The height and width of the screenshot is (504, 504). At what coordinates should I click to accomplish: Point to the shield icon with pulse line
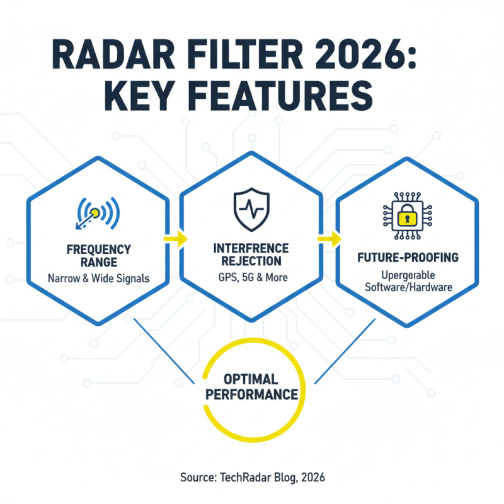click(251, 209)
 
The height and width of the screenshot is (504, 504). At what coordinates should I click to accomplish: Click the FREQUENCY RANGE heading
click(98, 255)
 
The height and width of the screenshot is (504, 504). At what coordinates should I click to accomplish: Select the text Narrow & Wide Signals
click(98, 278)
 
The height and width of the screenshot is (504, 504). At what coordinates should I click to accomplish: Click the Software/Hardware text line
click(405, 289)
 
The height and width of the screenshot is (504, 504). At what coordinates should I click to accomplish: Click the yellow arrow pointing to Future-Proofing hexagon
click(329, 239)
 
